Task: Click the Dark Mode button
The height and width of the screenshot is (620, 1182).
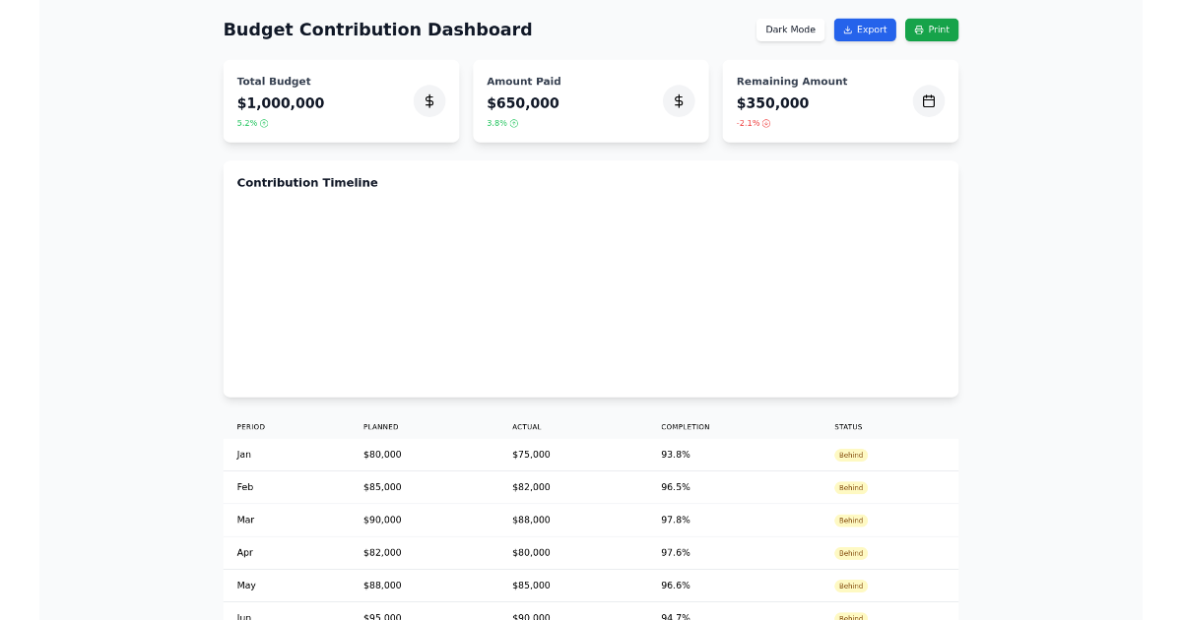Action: pyautogui.click(x=790, y=30)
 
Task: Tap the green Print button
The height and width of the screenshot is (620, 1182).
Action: pyautogui.click(x=931, y=30)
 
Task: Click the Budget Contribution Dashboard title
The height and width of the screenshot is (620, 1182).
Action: pyautogui.click(x=377, y=30)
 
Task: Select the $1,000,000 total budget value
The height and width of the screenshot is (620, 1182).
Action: pyautogui.click(x=281, y=103)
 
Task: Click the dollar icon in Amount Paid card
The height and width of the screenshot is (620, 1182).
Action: pyautogui.click(x=679, y=101)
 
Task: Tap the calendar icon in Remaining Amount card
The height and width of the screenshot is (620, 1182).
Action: pyautogui.click(x=928, y=101)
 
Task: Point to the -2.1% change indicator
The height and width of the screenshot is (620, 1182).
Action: pyautogui.click(x=753, y=123)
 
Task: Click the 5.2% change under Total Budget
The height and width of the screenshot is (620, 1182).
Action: pyautogui.click(x=252, y=123)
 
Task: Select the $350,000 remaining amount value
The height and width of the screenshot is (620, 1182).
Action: pyautogui.click(x=772, y=103)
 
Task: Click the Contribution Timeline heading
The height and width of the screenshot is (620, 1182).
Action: pyautogui.click(x=307, y=183)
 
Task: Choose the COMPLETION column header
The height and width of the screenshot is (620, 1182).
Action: pyautogui.click(x=685, y=427)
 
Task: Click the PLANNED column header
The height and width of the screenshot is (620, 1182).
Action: pyautogui.click(x=380, y=427)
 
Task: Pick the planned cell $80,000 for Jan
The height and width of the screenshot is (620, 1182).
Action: pyautogui.click(x=382, y=455)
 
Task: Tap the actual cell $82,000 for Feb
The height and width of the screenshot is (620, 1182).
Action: pyautogui.click(x=531, y=487)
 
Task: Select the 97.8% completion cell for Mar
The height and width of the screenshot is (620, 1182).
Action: pyautogui.click(x=675, y=520)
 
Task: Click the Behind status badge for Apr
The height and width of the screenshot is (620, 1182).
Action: pyautogui.click(x=851, y=553)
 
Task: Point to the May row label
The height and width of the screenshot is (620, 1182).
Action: pyautogui.click(x=246, y=586)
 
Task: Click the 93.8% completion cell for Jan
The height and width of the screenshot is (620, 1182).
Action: pyautogui.click(x=675, y=455)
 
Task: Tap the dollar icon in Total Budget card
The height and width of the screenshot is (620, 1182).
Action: pyautogui.click(x=429, y=101)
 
